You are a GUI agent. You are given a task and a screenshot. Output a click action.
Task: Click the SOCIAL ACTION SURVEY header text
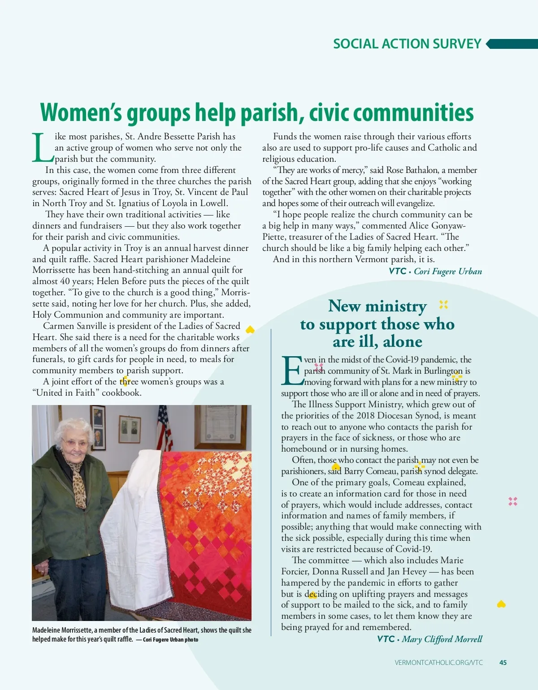[x=407, y=44]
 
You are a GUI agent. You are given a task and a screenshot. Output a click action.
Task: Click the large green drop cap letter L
[x=43, y=147]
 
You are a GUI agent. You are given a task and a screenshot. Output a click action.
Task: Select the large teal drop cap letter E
[x=292, y=371]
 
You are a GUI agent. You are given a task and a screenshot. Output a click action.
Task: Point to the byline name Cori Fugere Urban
[x=448, y=271]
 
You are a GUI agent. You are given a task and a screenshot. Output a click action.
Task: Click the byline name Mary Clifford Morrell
[x=442, y=639]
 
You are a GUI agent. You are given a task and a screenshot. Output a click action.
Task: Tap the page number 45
[x=503, y=662]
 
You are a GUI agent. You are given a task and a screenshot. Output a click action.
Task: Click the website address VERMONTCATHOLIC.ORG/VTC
[x=438, y=662]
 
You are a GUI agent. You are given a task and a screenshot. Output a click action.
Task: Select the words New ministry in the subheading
[x=377, y=306]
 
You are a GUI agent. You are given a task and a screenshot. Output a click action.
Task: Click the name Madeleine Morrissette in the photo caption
[x=62, y=630]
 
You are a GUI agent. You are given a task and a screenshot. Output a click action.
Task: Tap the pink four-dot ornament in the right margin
[x=513, y=501]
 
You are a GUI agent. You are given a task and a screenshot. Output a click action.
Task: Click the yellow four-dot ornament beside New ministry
[x=443, y=305]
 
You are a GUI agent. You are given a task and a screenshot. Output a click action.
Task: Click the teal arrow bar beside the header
[x=512, y=44]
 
